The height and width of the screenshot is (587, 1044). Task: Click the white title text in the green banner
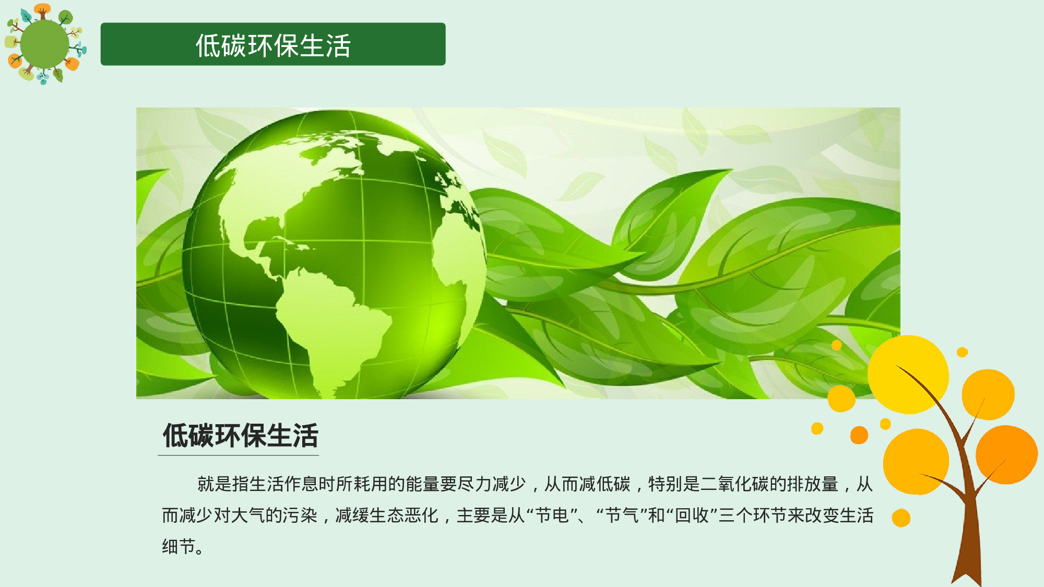tap(273, 45)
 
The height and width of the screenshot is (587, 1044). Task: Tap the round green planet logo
tap(44, 44)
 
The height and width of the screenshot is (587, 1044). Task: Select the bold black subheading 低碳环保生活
tap(240, 436)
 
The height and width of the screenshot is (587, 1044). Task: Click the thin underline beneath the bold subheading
tap(238, 456)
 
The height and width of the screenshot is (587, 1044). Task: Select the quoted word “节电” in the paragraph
tap(552, 516)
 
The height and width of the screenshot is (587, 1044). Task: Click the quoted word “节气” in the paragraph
tap(622, 516)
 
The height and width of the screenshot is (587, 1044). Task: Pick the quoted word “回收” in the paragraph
tap(692, 516)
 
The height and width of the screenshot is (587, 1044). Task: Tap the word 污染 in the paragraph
tap(300, 516)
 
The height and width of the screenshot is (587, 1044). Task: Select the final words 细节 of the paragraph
tap(179, 547)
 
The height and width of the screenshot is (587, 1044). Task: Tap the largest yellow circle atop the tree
tap(908, 375)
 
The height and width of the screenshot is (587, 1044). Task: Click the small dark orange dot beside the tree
tap(859, 435)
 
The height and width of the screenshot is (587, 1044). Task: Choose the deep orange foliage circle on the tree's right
tap(1006, 454)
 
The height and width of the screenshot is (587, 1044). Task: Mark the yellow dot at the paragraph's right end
tap(901, 518)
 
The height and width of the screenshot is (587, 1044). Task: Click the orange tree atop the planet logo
tap(42, 10)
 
